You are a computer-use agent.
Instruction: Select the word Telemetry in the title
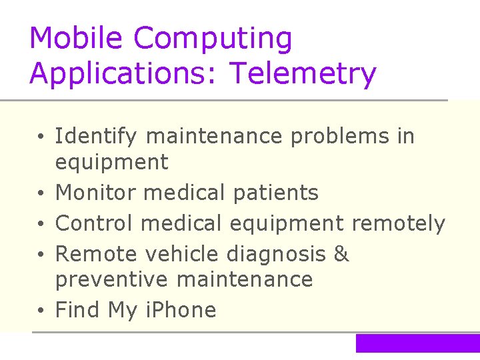(x=303, y=73)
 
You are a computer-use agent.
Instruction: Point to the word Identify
(x=96, y=137)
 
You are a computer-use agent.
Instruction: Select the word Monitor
(x=95, y=193)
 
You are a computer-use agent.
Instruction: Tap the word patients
(x=276, y=193)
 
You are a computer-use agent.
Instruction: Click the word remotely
(x=398, y=224)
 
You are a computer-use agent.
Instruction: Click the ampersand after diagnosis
(x=341, y=254)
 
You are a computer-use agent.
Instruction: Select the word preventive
(x=111, y=279)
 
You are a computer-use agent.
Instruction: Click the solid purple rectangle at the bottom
(x=417, y=343)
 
